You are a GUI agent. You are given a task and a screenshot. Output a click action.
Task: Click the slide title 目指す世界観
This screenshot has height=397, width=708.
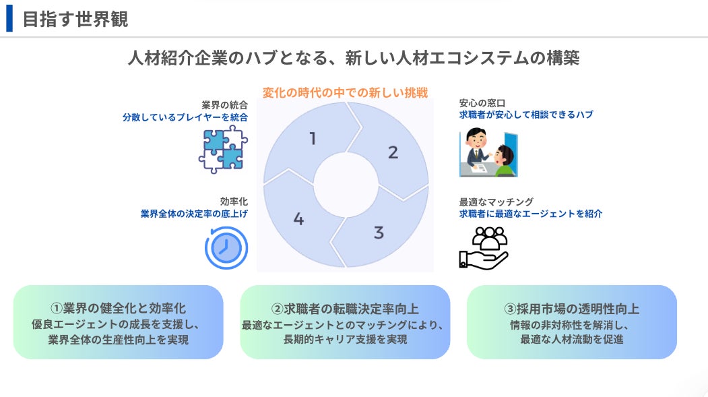pyautogui.click(x=75, y=19)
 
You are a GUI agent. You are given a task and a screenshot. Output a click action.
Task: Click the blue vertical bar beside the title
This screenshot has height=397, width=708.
pyautogui.click(x=9, y=19)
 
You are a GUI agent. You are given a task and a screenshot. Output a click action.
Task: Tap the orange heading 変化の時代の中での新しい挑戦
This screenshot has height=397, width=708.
pyautogui.click(x=346, y=93)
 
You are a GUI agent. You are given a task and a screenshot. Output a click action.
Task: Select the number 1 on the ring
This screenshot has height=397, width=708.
pyautogui.click(x=313, y=139)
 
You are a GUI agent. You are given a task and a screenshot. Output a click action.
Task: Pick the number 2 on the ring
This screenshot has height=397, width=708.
pyautogui.click(x=393, y=152)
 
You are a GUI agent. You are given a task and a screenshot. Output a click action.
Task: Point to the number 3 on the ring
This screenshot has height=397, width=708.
pyautogui.click(x=379, y=233)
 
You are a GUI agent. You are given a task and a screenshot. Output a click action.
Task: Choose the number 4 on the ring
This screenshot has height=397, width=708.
pyautogui.click(x=299, y=219)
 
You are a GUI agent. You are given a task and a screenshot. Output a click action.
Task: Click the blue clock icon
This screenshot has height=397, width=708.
pyautogui.click(x=226, y=247)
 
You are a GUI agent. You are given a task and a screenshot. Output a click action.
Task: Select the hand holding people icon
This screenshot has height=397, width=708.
pyautogui.click(x=483, y=247)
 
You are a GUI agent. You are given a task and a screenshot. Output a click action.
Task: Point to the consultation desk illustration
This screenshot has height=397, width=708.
pyautogui.click(x=488, y=153)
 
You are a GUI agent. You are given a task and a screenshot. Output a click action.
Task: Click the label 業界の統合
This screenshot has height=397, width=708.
pyautogui.click(x=224, y=104)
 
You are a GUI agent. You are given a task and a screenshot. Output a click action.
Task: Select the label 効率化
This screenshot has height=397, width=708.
pyautogui.click(x=234, y=202)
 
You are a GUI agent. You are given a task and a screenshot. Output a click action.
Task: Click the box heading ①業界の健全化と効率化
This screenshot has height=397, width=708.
pyautogui.click(x=118, y=309)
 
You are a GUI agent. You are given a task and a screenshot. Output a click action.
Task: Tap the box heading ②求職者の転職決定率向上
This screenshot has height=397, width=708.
pyautogui.click(x=345, y=309)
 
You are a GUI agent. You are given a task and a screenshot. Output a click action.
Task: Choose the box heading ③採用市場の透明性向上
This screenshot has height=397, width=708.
pyautogui.click(x=571, y=309)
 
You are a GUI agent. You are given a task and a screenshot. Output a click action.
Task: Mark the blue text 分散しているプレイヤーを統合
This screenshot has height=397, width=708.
pyautogui.click(x=185, y=117)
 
